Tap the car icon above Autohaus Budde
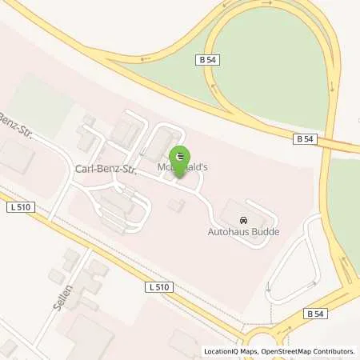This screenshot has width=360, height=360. (x=242, y=219)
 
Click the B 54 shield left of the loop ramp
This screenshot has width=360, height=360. (x=207, y=60)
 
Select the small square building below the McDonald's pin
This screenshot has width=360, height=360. (x=176, y=206)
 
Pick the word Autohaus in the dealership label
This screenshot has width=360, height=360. (x=230, y=231)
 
